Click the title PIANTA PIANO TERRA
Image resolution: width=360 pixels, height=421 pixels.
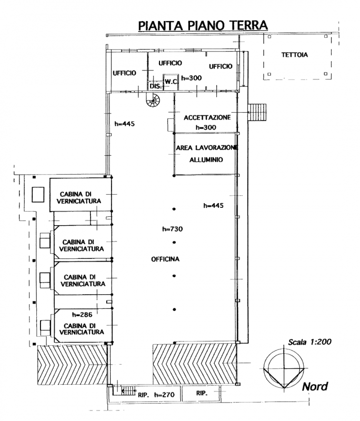tap(203, 25)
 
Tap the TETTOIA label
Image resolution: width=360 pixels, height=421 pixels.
tap(295, 55)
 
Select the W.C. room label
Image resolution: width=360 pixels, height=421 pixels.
tap(171, 82)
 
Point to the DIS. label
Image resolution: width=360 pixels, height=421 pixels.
tap(156, 86)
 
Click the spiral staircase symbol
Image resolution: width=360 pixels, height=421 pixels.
tap(153, 101)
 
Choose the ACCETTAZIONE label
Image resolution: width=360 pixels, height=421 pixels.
tap(207, 117)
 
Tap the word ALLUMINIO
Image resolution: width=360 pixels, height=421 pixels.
tap(206, 160)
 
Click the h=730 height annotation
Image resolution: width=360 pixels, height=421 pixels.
tap(172, 229)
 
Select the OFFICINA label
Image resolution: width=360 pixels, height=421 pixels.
tap(165, 259)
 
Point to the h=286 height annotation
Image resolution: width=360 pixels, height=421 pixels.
tap(82, 314)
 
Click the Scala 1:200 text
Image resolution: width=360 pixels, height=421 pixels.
tap(310, 342)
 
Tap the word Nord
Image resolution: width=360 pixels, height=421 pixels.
tap(315, 387)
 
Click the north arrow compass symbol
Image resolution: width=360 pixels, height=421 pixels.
tap(284, 368)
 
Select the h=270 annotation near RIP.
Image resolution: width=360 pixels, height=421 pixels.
tap(164, 395)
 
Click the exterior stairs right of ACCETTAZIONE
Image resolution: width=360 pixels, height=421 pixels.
tap(257, 112)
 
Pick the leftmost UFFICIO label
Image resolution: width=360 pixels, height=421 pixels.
tap(124, 73)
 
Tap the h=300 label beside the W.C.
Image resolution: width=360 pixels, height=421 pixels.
tap(192, 78)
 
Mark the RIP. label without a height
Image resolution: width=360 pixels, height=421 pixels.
tap(202, 393)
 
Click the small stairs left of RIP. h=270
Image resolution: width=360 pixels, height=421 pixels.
tap(128, 390)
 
